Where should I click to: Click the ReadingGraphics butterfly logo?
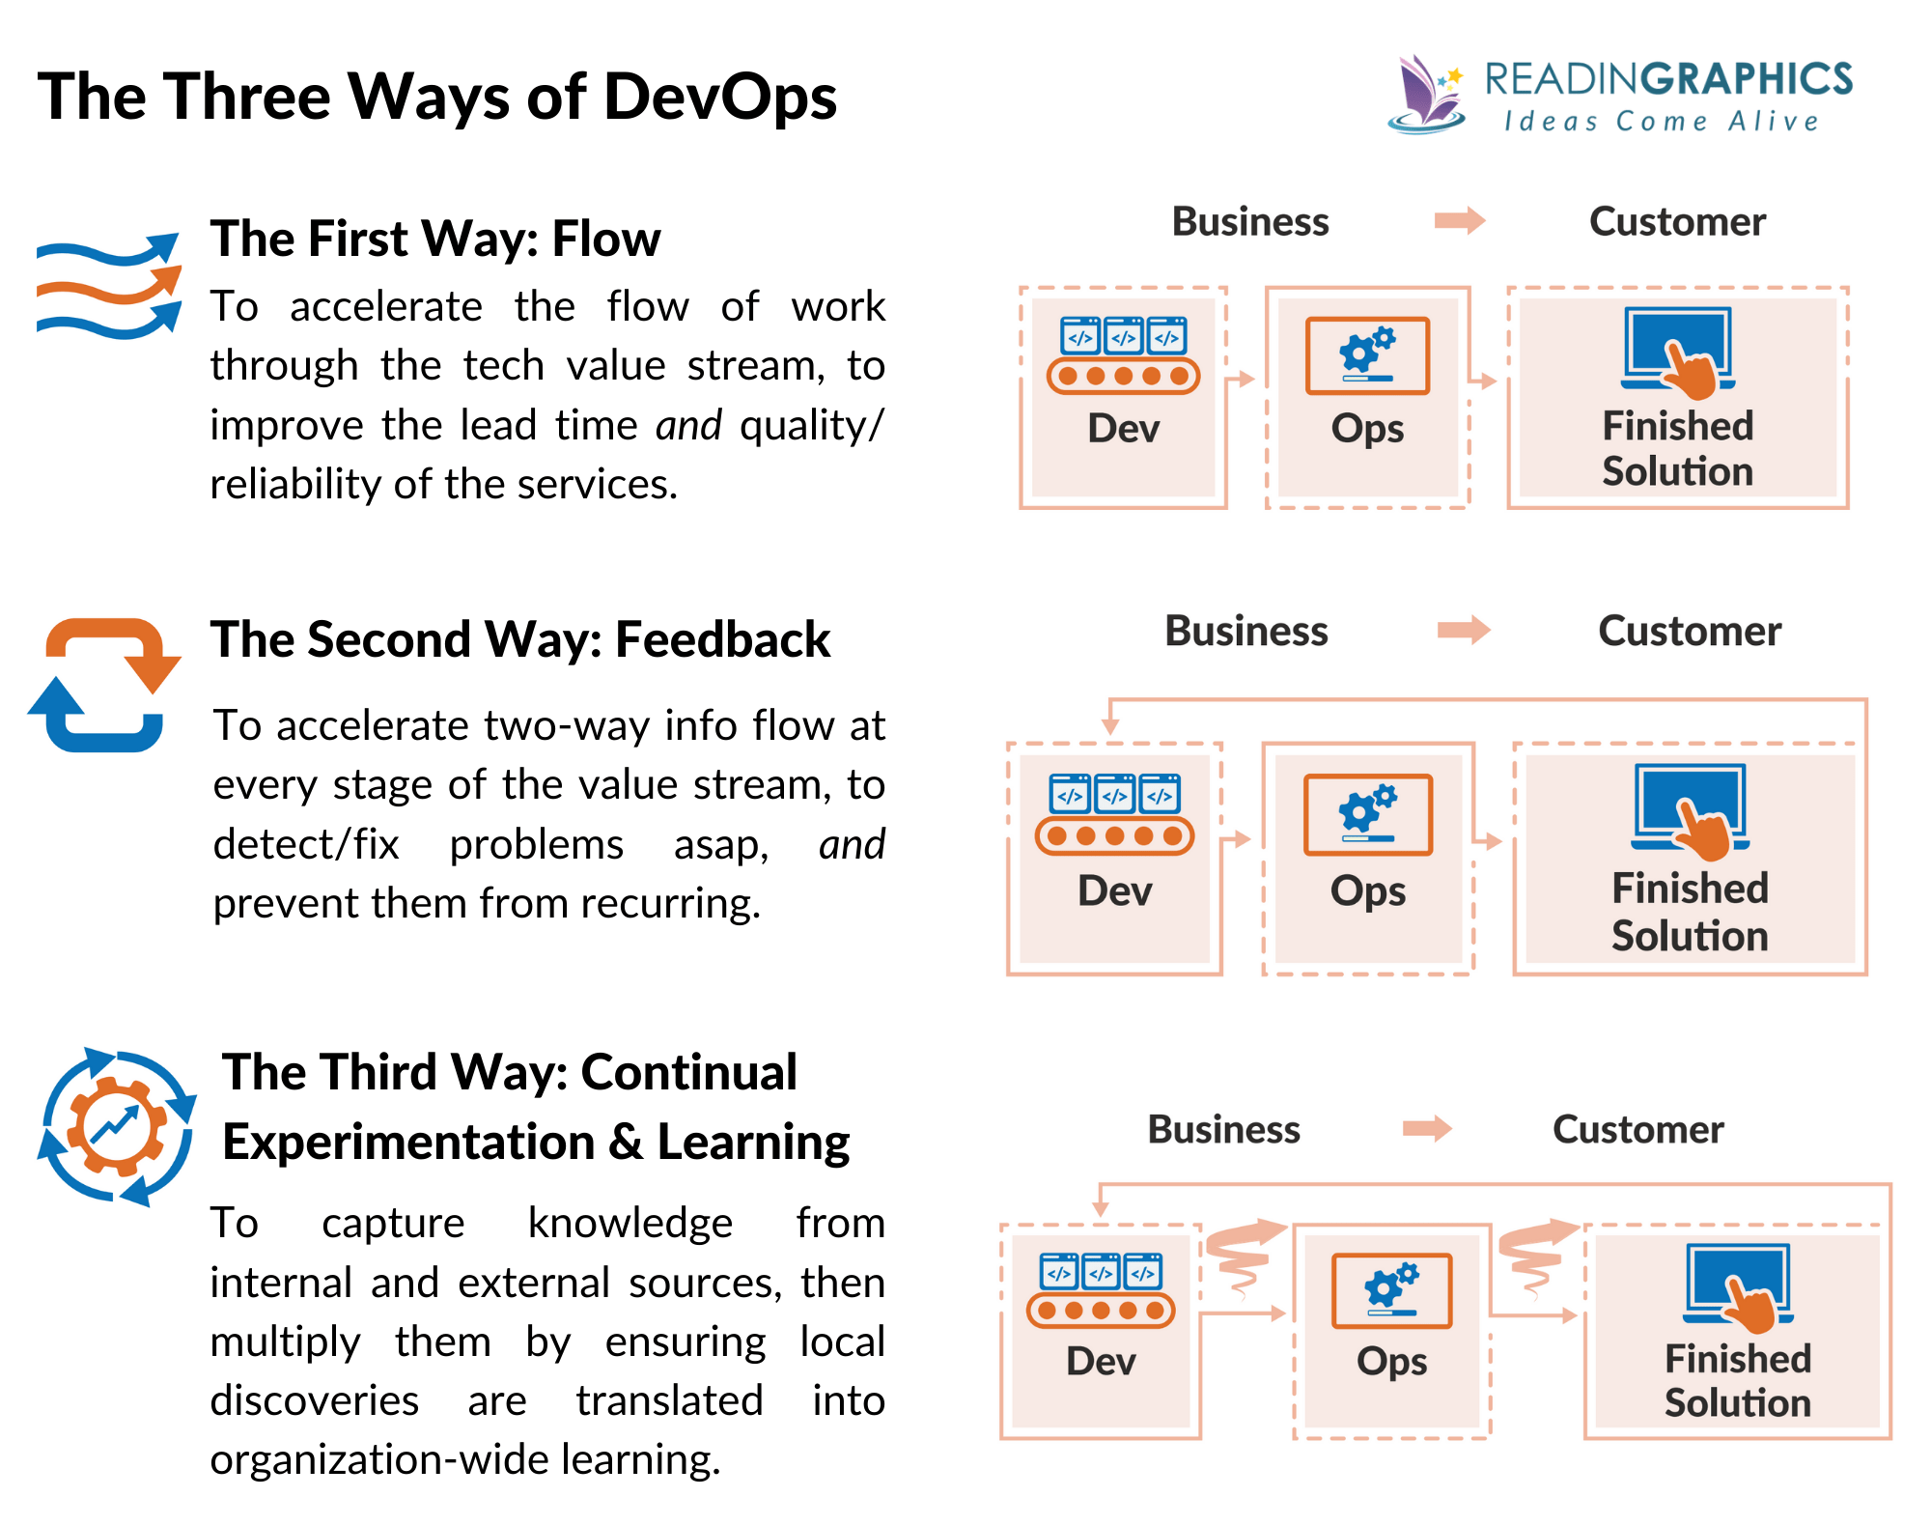tap(1426, 95)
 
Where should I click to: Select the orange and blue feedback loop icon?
tap(104, 685)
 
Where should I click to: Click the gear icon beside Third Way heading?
tap(117, 1126)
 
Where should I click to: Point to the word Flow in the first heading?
tap(605, 239)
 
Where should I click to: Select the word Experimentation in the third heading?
tap(408, 1143)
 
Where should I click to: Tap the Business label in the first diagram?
tap(1249, 222)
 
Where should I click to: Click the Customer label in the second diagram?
tap(1689, 632)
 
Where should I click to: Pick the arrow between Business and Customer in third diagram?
tap(1427, 1128)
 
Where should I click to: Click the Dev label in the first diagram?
tap(1123, 428)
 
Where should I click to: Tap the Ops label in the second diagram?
tap(1367, 890)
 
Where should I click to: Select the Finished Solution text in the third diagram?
tap(1737, 1381)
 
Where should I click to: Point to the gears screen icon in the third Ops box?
tap(1391, 1290)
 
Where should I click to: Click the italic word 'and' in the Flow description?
tap(687, 426)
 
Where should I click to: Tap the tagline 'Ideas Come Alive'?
tap(1661, 122)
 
